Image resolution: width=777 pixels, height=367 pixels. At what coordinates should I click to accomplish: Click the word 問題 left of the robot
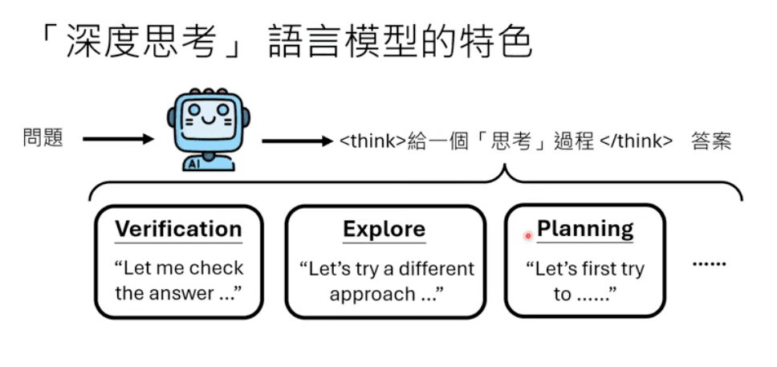point(43,139)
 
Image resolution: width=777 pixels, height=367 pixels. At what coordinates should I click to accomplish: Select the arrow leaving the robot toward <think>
point(296,142)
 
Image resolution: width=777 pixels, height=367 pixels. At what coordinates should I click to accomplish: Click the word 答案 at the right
point(710,142)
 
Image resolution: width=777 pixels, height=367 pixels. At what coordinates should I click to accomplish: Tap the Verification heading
point(178,229)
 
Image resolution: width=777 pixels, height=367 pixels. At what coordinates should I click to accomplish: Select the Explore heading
point(384,229)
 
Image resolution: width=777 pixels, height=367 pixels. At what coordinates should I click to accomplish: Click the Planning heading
point(585,229)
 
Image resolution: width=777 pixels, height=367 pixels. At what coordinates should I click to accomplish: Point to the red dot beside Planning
point(528,236)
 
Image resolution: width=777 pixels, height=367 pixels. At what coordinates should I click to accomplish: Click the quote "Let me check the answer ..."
point(178,280)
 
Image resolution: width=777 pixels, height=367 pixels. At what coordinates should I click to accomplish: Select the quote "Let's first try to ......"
point(584,281)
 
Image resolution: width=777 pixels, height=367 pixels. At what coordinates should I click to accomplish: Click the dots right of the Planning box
point(709,263)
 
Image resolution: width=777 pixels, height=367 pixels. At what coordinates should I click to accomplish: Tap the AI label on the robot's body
point(193,164)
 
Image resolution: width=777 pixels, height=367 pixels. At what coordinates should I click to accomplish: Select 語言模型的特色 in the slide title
point(393,41)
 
